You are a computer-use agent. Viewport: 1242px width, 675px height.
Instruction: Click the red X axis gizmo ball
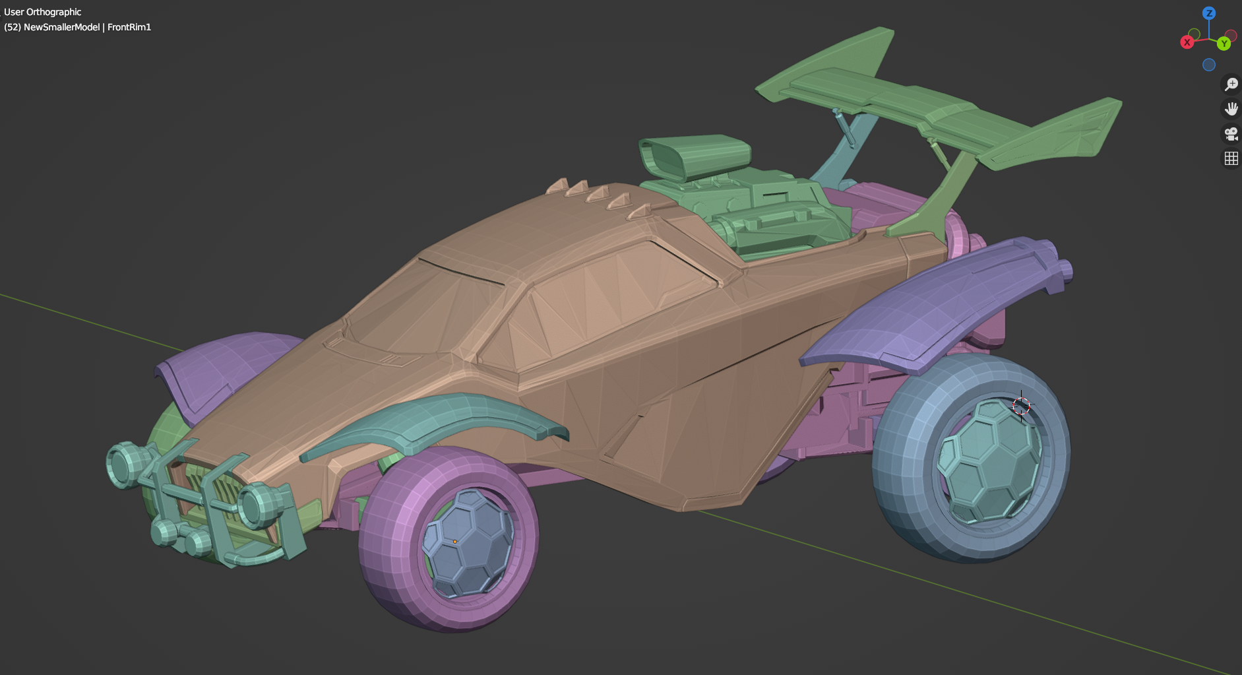(x=1187, y=42)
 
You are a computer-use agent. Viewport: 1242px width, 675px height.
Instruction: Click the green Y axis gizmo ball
(x=1224, y=44)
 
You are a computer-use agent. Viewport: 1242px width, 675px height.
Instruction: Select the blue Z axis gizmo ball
(x=1209, y=13)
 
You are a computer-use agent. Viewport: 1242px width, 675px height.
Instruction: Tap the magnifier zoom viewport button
(x=1231, y=84)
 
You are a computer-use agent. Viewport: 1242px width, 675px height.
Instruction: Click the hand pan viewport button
(x=1231, y=109)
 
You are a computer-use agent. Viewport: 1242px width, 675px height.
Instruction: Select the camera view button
(x=1231, y=134)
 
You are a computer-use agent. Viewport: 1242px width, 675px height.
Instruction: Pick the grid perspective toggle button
(x=1231, y=158)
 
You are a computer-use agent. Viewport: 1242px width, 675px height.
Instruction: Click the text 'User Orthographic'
(x=43, y=12)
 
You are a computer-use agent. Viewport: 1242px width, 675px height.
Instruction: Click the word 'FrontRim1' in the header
(x=129, y=27)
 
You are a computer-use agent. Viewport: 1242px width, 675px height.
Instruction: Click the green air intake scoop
(x=693, y=155)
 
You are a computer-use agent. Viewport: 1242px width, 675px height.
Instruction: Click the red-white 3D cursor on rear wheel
(x=1021, y=405)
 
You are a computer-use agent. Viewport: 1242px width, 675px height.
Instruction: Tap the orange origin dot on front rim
(x=455, y=542)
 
